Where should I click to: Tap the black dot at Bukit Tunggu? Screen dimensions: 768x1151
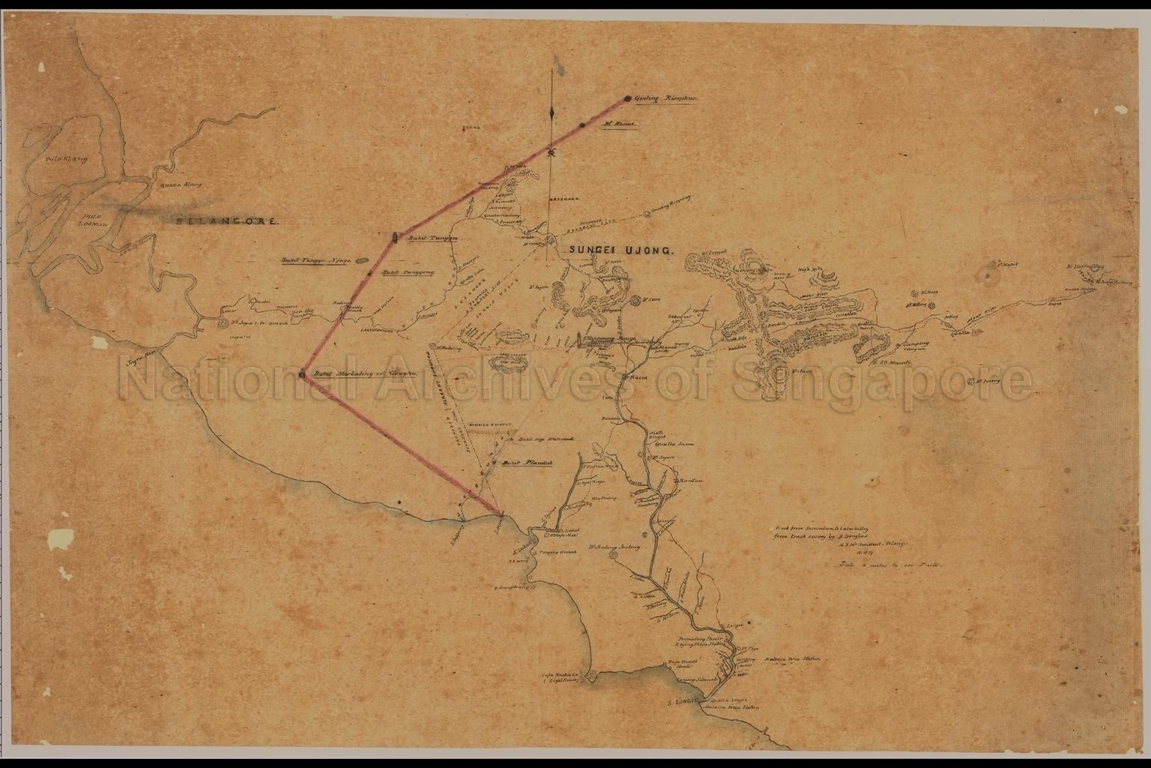395,238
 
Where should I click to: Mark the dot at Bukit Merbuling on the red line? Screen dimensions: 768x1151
302,373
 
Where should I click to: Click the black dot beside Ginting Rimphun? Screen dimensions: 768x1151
626,98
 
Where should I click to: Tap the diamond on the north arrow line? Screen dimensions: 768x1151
552,112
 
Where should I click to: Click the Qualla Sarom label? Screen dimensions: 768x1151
674,444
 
